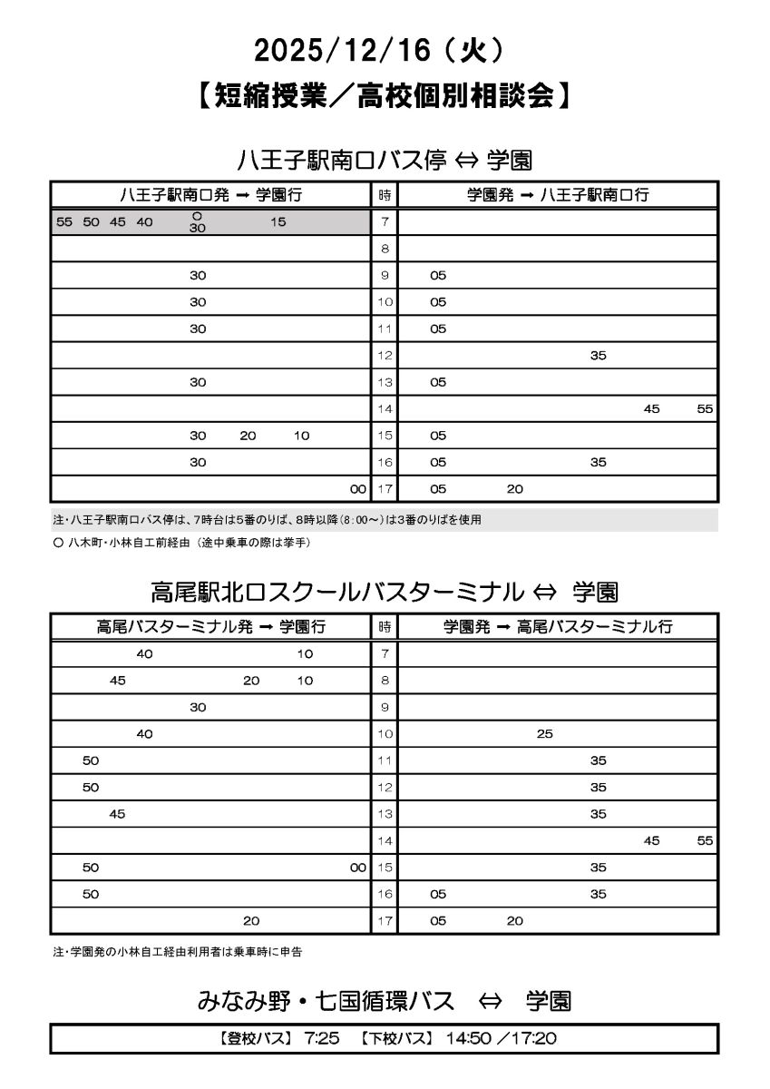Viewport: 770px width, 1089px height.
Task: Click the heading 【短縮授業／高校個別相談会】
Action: (385, 95)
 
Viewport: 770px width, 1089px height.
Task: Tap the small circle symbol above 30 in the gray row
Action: (197, 215)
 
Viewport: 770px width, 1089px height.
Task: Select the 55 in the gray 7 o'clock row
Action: (63, 221)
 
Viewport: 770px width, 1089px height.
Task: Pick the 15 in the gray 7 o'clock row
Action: (278, 221)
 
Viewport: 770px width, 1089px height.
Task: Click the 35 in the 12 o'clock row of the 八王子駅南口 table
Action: (598, 356)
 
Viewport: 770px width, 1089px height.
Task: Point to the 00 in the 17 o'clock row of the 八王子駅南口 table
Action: (357, 489)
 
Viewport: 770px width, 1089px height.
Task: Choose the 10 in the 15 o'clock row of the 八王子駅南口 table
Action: (301, 436)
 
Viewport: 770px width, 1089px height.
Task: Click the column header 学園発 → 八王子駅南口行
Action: (558, 194)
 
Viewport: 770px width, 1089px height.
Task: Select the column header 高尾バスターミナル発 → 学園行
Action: (210, 626)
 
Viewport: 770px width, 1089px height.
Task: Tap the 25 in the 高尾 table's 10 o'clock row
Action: (544, 734)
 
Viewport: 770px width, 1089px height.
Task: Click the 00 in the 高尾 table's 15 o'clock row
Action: (357, 868)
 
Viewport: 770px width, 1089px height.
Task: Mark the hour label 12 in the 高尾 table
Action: (385, 788)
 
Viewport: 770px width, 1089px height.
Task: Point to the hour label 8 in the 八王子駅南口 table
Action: (385, 249)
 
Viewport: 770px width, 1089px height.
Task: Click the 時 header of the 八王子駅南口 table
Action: (385, 194)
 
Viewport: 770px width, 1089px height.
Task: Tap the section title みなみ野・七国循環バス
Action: (326, 1001)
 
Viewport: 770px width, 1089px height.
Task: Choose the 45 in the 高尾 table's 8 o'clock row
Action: (117, 681)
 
